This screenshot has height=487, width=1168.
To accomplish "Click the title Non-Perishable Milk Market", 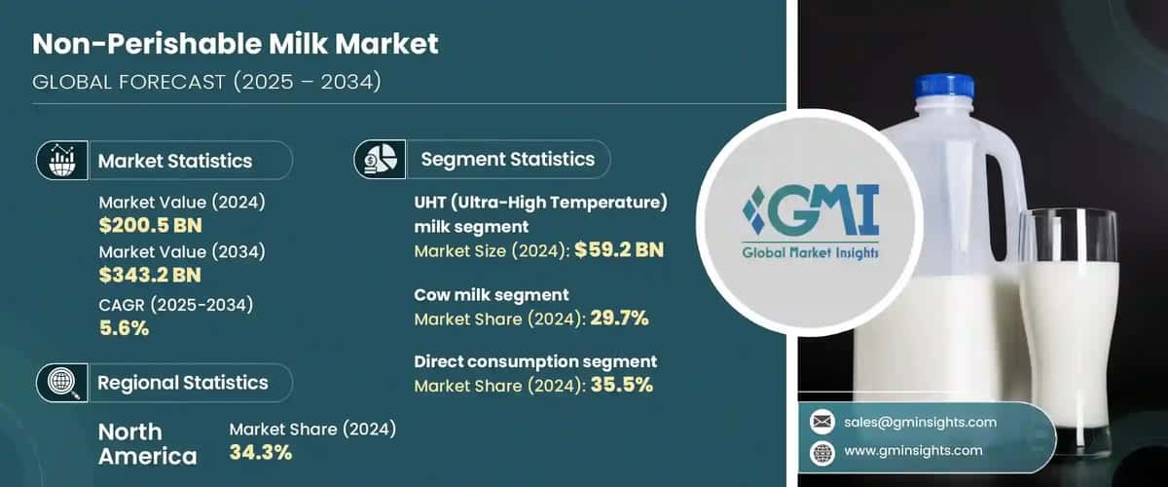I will [236, 43].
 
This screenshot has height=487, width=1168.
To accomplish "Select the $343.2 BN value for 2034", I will [150, 276].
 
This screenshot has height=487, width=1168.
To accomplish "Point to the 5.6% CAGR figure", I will [124, 327].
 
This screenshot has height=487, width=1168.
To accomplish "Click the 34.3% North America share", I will [261, 452].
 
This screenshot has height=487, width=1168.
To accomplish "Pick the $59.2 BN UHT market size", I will [619, 250].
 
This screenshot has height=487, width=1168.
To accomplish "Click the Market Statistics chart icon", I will [62, 161].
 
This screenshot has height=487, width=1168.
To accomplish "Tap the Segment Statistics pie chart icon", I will [380, 159].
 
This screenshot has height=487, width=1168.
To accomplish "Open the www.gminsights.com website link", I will [912, 450].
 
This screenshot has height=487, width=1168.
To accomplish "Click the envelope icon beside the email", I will [821, 422].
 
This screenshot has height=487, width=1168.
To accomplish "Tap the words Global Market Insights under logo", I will [809, 252].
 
